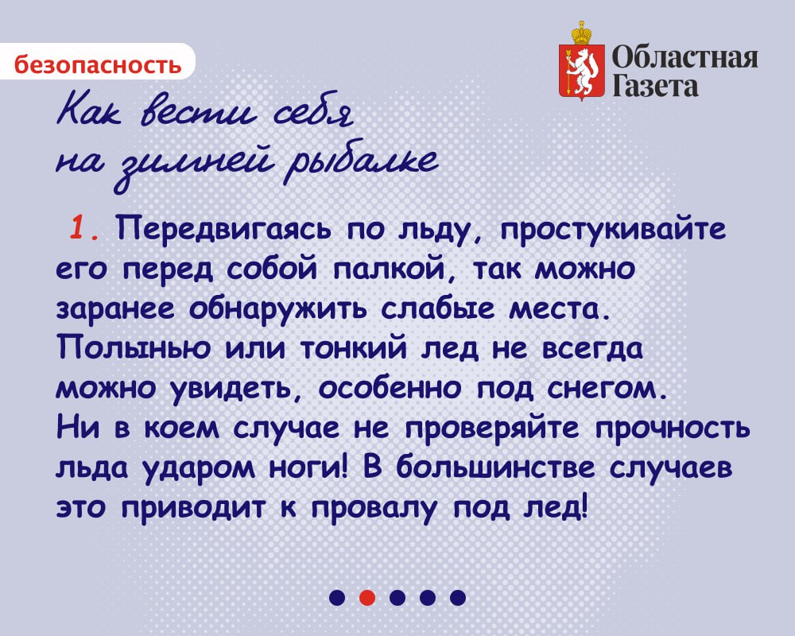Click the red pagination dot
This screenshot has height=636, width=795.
[x=366, y=597]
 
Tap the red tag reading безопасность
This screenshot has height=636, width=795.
[x=97, y=64]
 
